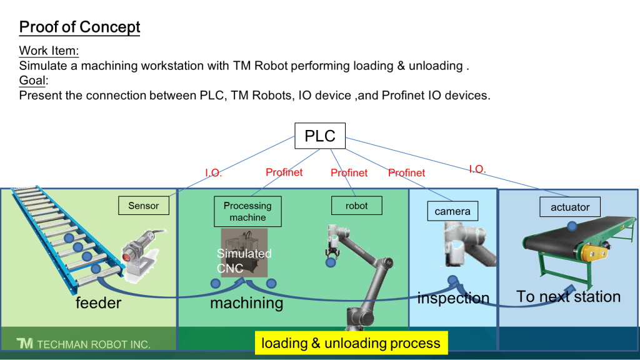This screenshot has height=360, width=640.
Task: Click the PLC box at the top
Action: [x=319, y=136]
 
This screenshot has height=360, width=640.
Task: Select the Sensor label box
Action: [x=144, y=206]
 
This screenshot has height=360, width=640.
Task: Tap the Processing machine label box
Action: [x=247, y=211]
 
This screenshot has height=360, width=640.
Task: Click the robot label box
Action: [x=356, y=206]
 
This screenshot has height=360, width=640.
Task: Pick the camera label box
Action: [x=452, y=211]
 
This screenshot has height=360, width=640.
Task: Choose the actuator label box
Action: [x=570, y=207]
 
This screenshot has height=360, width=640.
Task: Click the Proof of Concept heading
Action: [x=79, y=27]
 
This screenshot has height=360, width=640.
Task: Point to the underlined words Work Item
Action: [x=49, y=51]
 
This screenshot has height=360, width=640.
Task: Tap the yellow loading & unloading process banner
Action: [x=351, y=343]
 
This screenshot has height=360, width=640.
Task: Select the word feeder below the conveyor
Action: [x=98, y=303]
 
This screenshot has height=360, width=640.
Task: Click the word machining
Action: [x=246, y=303]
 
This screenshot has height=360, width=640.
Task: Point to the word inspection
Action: [x=453, y=298]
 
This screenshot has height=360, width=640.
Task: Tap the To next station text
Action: [x=568, y=296]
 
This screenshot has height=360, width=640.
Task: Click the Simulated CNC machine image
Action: [x=244, y=252]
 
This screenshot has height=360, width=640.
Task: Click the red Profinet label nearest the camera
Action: [x=406, y=172]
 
